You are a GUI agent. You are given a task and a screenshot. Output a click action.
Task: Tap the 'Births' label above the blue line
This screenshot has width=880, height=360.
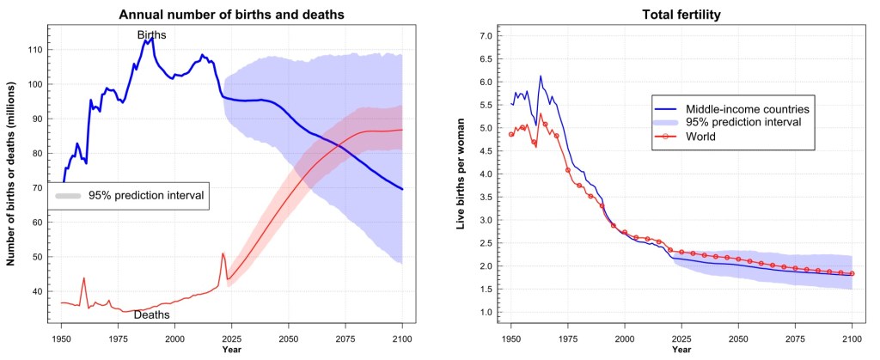(152, 34)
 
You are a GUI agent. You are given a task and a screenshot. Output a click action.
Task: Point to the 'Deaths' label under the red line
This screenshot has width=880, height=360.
(151, 315)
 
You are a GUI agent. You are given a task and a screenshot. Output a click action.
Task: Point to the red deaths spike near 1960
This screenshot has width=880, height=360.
(84, 278)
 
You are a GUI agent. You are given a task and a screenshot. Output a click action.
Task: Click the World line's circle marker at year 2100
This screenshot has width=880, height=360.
(852, 274)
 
